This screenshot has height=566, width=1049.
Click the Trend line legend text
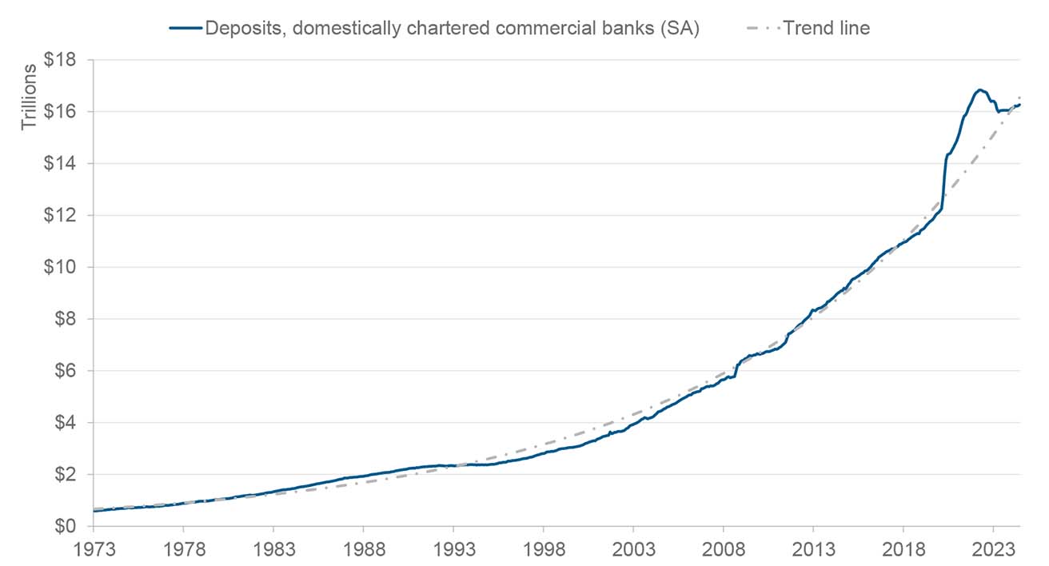826,28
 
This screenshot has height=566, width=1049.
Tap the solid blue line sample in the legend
185,28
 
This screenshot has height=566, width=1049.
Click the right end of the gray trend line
1020,98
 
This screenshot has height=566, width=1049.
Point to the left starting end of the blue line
94,511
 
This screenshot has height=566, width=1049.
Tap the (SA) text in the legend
680,28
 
